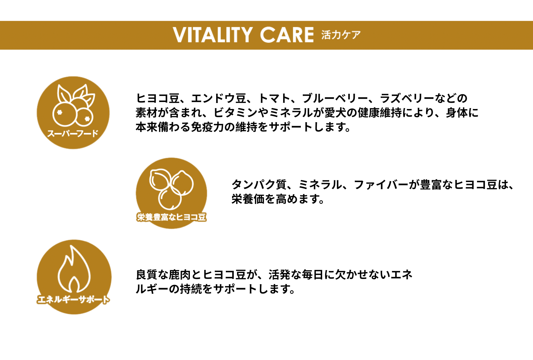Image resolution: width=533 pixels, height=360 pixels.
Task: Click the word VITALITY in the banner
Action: point(213,35)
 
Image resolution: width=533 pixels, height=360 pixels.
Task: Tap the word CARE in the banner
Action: point(287,35)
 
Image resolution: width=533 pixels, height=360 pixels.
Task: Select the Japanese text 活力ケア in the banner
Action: point(341,35)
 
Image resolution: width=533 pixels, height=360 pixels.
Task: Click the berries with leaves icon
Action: point(74,105)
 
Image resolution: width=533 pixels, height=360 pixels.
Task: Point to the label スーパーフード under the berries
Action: point(73,133)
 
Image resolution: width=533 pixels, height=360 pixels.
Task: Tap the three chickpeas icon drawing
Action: point(171,189)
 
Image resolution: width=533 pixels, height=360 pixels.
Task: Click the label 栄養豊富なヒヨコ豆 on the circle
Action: point(171,217)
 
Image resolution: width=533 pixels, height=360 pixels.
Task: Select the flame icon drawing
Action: point(74,269)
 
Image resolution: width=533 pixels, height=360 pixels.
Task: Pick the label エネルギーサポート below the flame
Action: point(73,299)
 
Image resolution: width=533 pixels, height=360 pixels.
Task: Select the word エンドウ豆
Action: point(219,98)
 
